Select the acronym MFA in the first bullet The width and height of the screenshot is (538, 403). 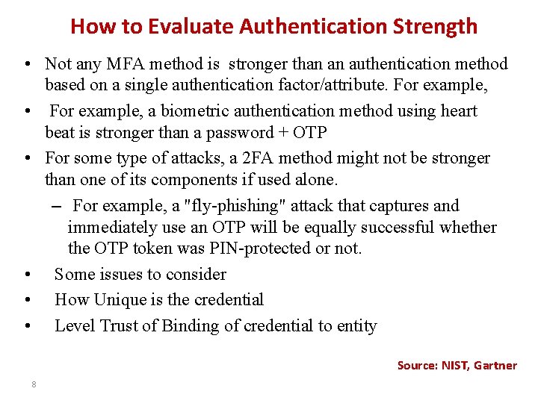127,64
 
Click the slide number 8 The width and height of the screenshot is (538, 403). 34,384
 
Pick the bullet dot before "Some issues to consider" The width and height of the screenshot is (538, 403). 26,275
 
